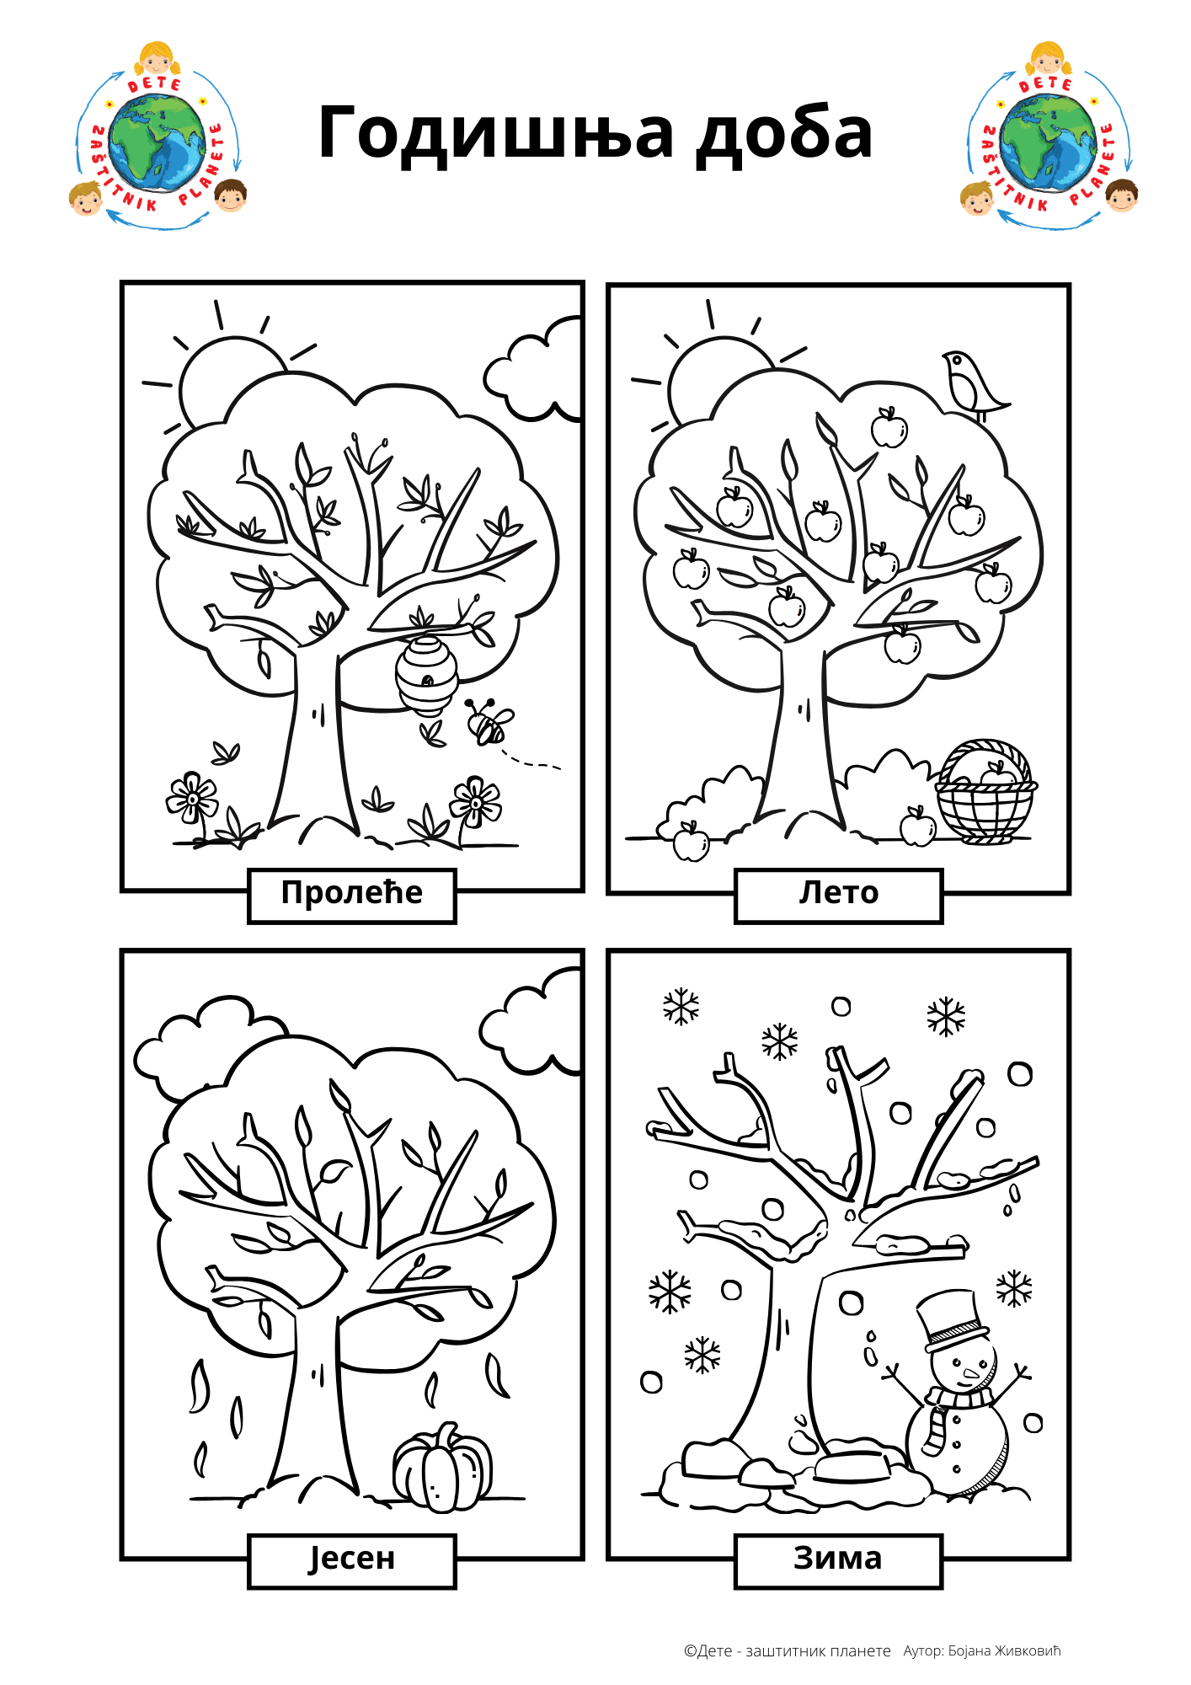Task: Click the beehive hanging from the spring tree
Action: pyautogui.click(x=427, y=674)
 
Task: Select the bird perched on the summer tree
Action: pyautogui.click(x=972, y=384)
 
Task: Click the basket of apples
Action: pyautogui.click(x=985, y=792)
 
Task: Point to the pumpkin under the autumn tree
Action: pyautogui.click(x=443, y=1468)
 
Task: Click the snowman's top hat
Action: pyautogui.click(x=952, y=1321)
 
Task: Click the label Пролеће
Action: pyautogui.click(x=352, y=892)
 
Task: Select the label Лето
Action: pyautogui.click(x=839, y=892)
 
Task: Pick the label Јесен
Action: pyautogui.click(x=352, y=1559)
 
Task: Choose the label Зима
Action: pyautogui.click(x=838, y=1559)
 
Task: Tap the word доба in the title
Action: pyautogui.click(x=783, y=133)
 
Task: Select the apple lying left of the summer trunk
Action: pyautogui.click(x=692, y=842)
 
